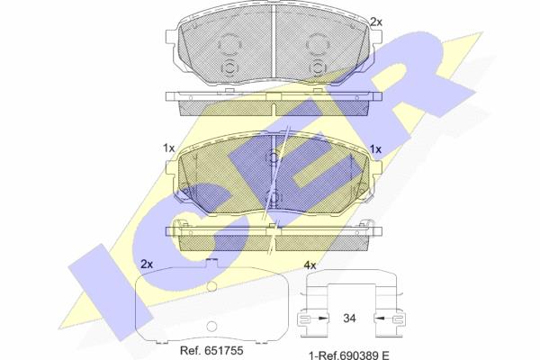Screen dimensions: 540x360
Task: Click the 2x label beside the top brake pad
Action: click(x=375, y=22)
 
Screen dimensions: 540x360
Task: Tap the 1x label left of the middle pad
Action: click(x=169, y=148)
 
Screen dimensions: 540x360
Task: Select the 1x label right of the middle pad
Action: click(x=375, y=149)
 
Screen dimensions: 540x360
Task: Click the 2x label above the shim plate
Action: click(x=147, y=265)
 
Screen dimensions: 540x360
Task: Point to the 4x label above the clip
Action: click(x=310, y=265)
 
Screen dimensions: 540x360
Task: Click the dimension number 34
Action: click(x=349, y=319)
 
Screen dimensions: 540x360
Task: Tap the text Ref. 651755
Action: click(x=211, y=351)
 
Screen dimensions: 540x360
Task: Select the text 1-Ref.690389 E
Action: click(x=349, y=355)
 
